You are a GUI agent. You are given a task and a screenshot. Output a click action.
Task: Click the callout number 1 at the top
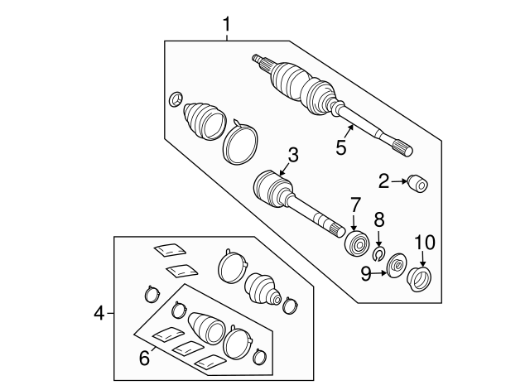[x=226, y=24]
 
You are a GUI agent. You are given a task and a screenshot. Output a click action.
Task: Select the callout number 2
[x=383, y=182]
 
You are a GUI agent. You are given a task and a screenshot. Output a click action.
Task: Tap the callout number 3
[x=293, y=155]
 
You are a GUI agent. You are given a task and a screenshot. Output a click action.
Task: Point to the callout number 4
[x=99, y=313]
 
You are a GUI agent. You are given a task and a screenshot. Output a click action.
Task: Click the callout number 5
[x=341, y=147]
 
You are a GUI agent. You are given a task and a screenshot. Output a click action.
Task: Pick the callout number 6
[x=144, y=358]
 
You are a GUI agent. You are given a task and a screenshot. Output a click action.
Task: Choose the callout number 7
[x=355, y=205]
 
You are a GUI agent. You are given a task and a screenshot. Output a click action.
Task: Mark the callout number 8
[x=379, y=219]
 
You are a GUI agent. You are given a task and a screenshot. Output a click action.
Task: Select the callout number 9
[x=366, y=273]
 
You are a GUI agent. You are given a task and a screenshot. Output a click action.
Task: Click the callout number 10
[x=425, y=243]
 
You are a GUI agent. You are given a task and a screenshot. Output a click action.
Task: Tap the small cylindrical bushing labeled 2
[x=417, y=184]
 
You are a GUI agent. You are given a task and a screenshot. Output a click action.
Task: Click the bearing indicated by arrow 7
[x=357, y=243]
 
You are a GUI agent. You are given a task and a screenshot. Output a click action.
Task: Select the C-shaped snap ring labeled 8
[x=378, y=254]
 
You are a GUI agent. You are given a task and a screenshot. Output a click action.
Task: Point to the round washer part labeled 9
[x=397, y=265]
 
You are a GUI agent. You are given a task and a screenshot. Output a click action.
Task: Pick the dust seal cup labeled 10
[x=419, y=279]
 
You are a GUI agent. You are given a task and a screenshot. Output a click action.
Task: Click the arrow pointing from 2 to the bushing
[x=399, y=182]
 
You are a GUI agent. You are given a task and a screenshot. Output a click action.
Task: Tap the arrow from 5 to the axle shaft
[x=349, y=132]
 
